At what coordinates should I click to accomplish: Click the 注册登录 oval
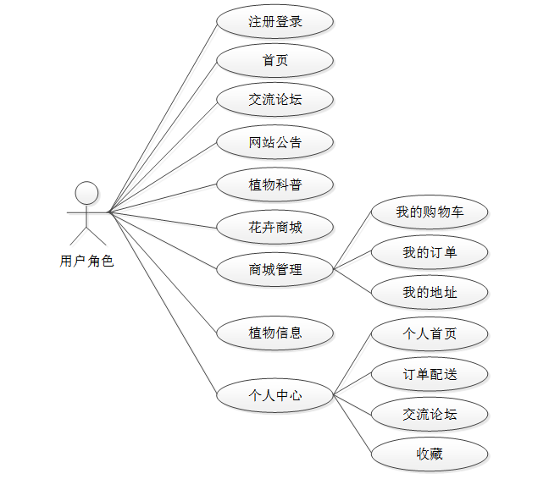(x=275, y=21)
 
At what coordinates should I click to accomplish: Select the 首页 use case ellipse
(x=275, y=60)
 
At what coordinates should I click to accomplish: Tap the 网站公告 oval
(x=275, y=142)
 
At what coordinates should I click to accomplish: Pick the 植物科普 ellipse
(x=275, y=184)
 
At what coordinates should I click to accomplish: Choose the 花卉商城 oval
(x=275, y=227)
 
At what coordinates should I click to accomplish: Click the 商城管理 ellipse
(x=275, y=270)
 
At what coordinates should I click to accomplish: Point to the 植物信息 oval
(x=275, y=333)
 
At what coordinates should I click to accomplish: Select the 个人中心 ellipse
(x=275, y=394)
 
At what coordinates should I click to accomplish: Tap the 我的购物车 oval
(x=430, y=212)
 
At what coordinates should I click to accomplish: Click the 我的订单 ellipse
(x=430, y=252)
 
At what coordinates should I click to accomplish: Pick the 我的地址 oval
(x=430, y=293)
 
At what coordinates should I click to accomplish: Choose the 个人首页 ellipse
(x=430, y=333)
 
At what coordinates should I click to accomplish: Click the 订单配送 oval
(x=430, y=374)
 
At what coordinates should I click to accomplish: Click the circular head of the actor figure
(x=86, y=192)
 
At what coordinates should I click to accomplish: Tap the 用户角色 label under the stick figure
(x=86, y=261)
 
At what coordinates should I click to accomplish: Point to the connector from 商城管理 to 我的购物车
(x=352, y=240)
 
